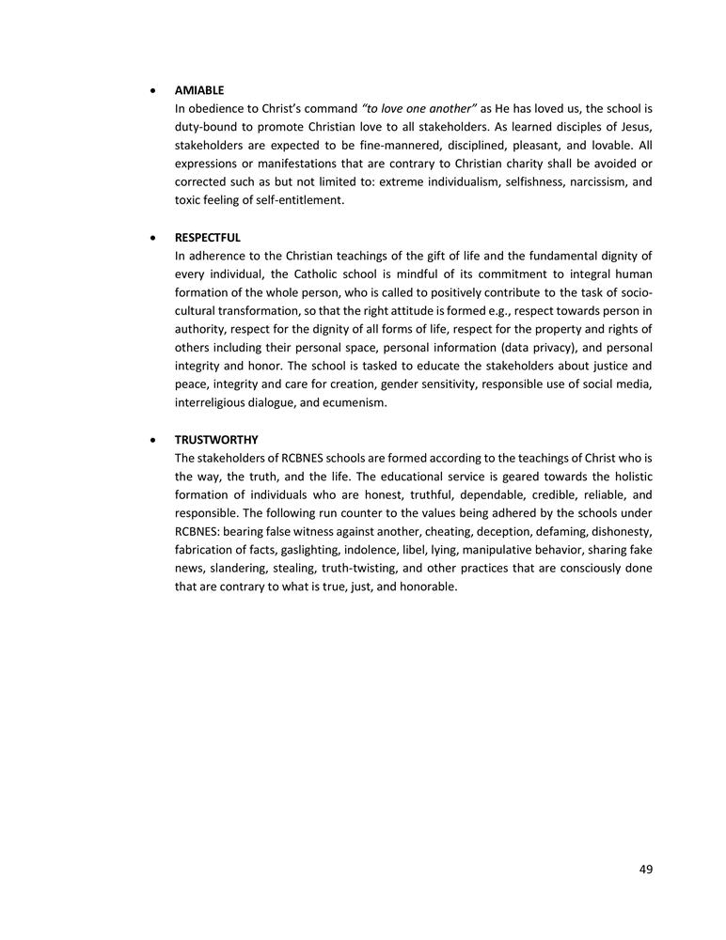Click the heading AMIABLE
pos(198,91)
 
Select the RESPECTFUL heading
pos(207,238)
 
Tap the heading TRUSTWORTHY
pos(216,440)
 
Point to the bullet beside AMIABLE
pos(153,92)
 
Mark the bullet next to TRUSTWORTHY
pos(153,441)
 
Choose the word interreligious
pos(213,401)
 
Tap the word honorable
pos(428,587)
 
